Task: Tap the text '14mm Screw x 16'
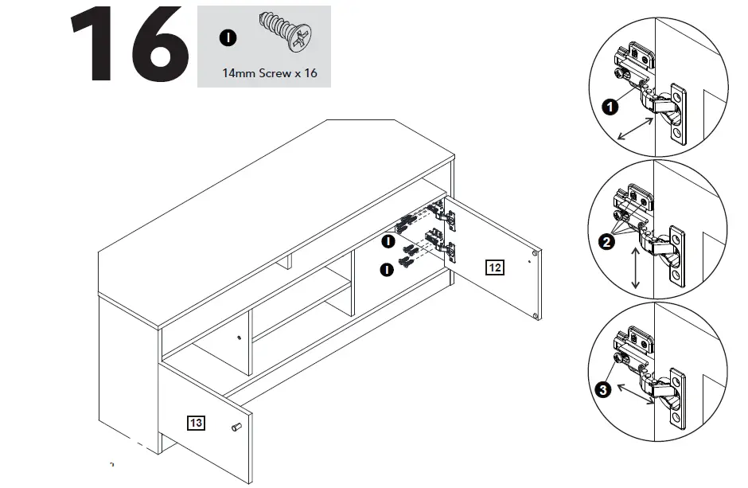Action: pos(269,72)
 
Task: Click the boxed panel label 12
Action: pos(494,267)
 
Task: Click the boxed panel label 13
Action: pos(195,423)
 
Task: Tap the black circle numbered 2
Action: pos(609,244)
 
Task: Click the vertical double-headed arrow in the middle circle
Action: pos(635,269)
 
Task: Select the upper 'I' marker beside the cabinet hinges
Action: pos(388,240)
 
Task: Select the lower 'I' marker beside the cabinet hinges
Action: pos(388,269)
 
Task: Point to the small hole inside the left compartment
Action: pos(240,338)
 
